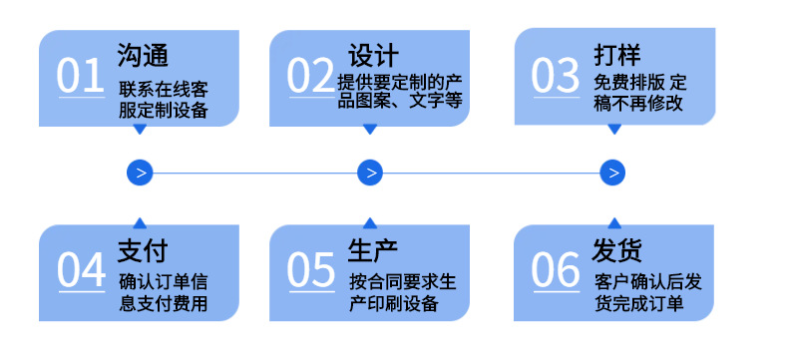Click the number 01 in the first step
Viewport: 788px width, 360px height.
coord(80,77)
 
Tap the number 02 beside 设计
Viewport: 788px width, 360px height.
coord(310,77)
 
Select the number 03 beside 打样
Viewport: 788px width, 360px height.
coord(556,77)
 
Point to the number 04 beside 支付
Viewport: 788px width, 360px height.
coord(81,269)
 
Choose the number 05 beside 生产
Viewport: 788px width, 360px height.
coord(311,269)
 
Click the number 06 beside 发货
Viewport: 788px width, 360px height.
coord(556,269)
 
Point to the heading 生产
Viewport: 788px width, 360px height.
coord(373,247)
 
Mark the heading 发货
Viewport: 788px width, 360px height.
coord(616,247)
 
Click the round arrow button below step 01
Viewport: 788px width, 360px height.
coord(140,173)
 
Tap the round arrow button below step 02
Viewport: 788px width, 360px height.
coord(370,173)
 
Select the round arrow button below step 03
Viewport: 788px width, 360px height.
coord(612,173)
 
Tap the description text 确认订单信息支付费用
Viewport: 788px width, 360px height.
coord(163,292)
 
